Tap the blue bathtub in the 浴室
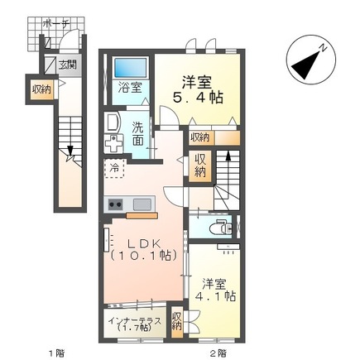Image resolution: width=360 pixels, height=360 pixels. (130, 68)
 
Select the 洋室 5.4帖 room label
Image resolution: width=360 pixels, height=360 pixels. (198, 89)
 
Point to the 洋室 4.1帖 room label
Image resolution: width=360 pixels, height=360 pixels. (215, 290)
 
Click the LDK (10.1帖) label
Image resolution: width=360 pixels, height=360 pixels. (143, 251)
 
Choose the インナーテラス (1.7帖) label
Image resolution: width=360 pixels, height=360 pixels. (135, 324)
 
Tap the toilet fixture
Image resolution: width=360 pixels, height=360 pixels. (221, 228)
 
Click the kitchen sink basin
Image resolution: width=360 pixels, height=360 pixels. (142, 204)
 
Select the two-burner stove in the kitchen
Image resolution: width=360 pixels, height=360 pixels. (115, 204)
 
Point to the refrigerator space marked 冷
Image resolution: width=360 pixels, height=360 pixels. (114, 168)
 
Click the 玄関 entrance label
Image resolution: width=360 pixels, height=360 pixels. (68, 65)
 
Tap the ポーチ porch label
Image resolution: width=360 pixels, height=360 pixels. (56, 24)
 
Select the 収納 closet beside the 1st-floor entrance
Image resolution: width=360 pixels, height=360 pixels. (41, 89)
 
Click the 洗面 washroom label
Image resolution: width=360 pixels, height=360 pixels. (137, 134)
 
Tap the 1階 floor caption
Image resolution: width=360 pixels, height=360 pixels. (57, 353)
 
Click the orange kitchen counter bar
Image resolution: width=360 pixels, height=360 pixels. (142, 215)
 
